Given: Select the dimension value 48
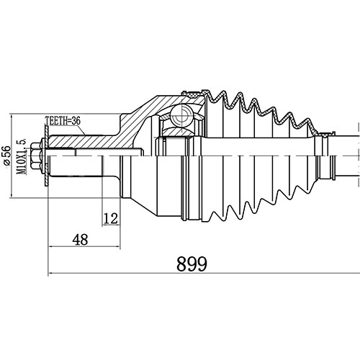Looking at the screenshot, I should pos(81,239).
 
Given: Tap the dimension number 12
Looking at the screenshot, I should pos(110,217).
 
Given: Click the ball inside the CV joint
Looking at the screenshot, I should pos(182,113).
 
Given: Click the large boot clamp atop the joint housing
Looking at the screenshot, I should pos(194,94).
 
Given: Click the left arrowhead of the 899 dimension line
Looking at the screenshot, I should pos(51,274).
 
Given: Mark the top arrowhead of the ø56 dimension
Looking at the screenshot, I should pos(13,116).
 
